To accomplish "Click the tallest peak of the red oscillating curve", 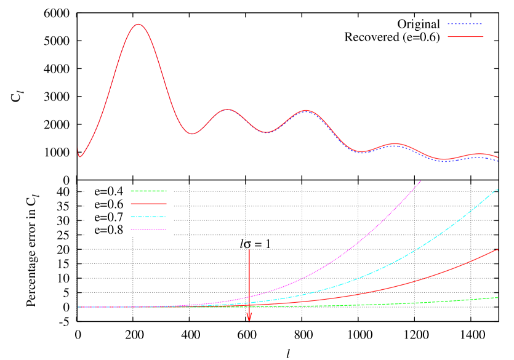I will (x=138, y=25).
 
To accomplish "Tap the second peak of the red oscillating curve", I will (x=228, y=110).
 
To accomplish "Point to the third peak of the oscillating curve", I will (x=305, y=111).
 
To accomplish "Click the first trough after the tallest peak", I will (x=193, y=134).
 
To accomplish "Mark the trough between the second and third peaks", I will (x=266, y=132).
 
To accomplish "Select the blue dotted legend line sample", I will (x=465, y=24).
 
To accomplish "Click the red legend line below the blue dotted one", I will (x=465, y=37).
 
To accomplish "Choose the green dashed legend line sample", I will (x=148, y=191).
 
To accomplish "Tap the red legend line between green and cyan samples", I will (x=148, y=203).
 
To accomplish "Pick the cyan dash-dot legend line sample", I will (x=148, y=217).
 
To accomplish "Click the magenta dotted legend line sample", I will (x=148, y=230).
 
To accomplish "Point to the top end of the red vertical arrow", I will (x=249, y=249).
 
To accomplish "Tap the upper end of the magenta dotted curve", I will (x=421, y=181).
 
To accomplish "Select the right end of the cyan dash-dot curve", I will (x=497, y=189).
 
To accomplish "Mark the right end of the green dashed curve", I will (x=497, y=297).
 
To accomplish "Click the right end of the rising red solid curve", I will (x=497, y=250).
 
